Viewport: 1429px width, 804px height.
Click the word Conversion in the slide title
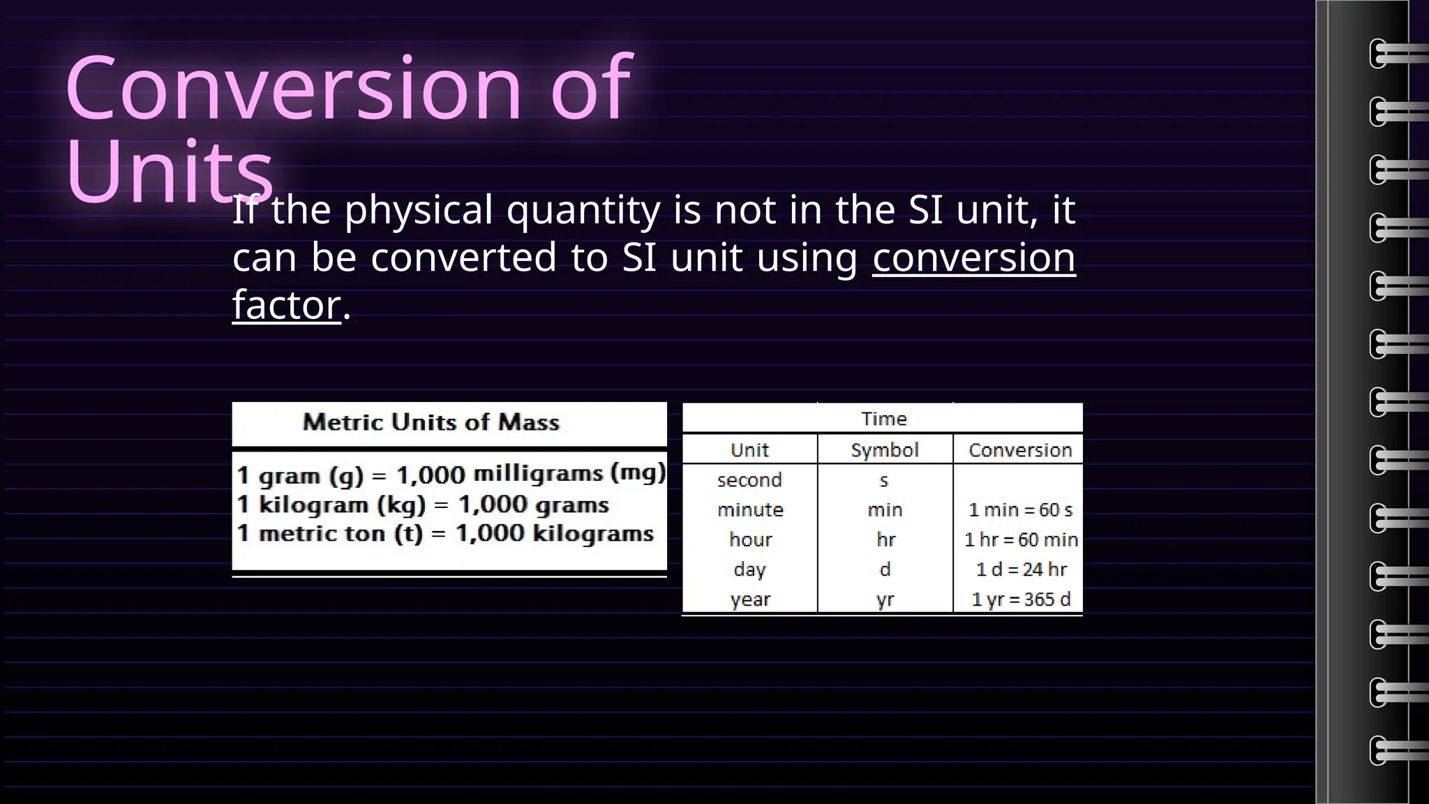point(293,89)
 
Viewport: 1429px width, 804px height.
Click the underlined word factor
point(286,305)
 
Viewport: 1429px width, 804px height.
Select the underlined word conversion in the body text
point(973,258)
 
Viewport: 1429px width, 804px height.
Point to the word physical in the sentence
point(419,210)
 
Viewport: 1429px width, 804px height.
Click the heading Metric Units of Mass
point(431,422)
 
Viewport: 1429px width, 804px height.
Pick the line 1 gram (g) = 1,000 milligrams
point(451,475)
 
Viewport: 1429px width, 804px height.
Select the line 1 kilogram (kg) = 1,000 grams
point(423,505)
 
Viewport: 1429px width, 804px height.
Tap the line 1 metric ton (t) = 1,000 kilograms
point(445,534)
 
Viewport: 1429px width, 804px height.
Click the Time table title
point(883,419)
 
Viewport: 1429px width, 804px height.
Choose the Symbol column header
point(884,450)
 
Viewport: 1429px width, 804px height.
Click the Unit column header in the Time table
point(749,450)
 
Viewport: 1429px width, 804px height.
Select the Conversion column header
point(1019,450)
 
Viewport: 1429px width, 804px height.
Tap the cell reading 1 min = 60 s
point(1020,510)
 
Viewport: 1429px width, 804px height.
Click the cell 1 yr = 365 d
point(1020,600)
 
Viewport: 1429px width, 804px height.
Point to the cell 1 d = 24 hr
point(1021,569)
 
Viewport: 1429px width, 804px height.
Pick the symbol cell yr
point(885,600)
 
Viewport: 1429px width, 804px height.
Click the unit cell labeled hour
point(750,539)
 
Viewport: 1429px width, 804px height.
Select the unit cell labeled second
point(749,480)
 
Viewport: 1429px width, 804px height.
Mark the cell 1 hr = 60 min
point(1021,539)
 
